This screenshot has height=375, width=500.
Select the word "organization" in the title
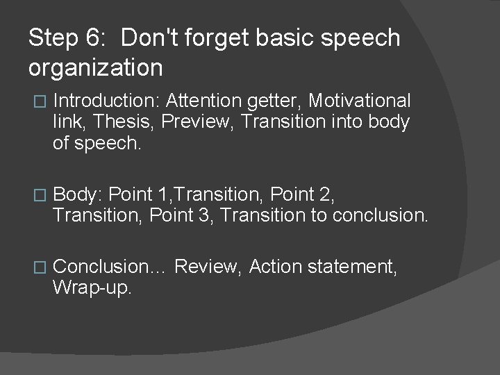click(96, 68)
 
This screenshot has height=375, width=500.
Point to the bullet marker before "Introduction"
click(39, 101)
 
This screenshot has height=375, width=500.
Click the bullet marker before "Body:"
click(39, 195)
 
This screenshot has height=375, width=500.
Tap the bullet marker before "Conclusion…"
click(39, 267)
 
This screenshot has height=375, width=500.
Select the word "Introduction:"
click(106, 101)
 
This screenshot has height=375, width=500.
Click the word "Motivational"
click(359, 101)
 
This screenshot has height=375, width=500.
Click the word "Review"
click(208, 267)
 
